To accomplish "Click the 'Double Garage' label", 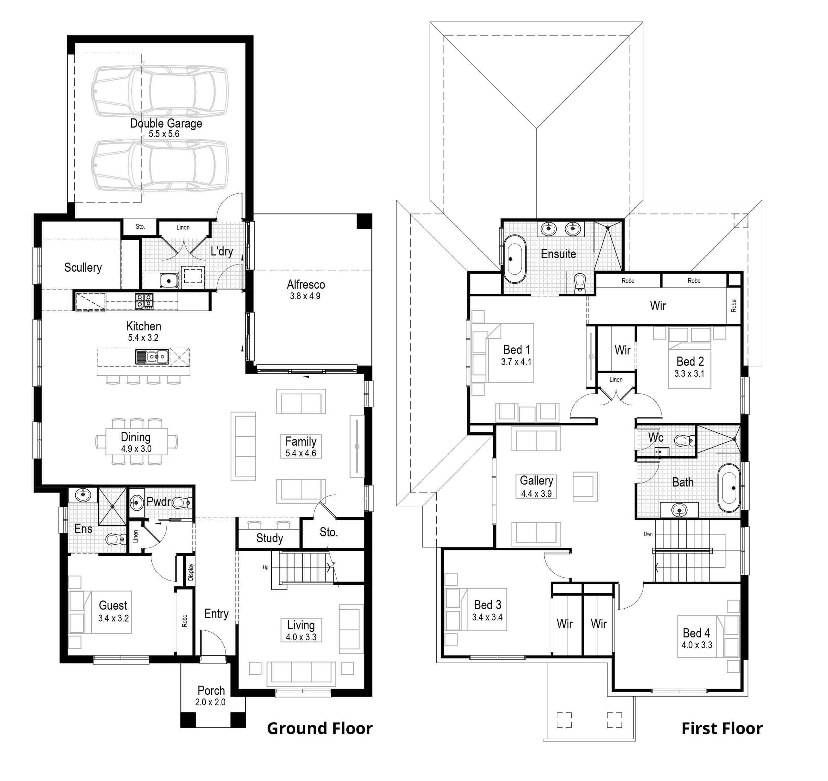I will pyautogui.click(x=166, y=124).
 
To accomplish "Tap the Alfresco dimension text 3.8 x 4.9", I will pyautogui.click(x=305, y=297).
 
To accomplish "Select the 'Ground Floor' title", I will pyautogui.click(x=320, y=729).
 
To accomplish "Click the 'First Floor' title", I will pyautogui.click(x=722, y=729).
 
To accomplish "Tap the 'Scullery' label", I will pyautogui.click(x=83, y=267).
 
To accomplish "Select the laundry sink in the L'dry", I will pyautogui.click(x=169, y=281).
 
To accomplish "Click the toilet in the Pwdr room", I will pyautogui.click(x=181, y=503).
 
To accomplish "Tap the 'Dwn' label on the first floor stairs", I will pyautogui.click(x=648, y=534).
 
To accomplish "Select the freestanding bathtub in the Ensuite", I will pyautogui.click(x=514, y=259).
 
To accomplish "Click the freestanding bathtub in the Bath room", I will pyautogui.click(x=729, y=488).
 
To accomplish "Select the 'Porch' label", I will pyautogui.click(x=211, y=691).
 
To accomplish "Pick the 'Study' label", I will pyautogui.click(x=269, y=538).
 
